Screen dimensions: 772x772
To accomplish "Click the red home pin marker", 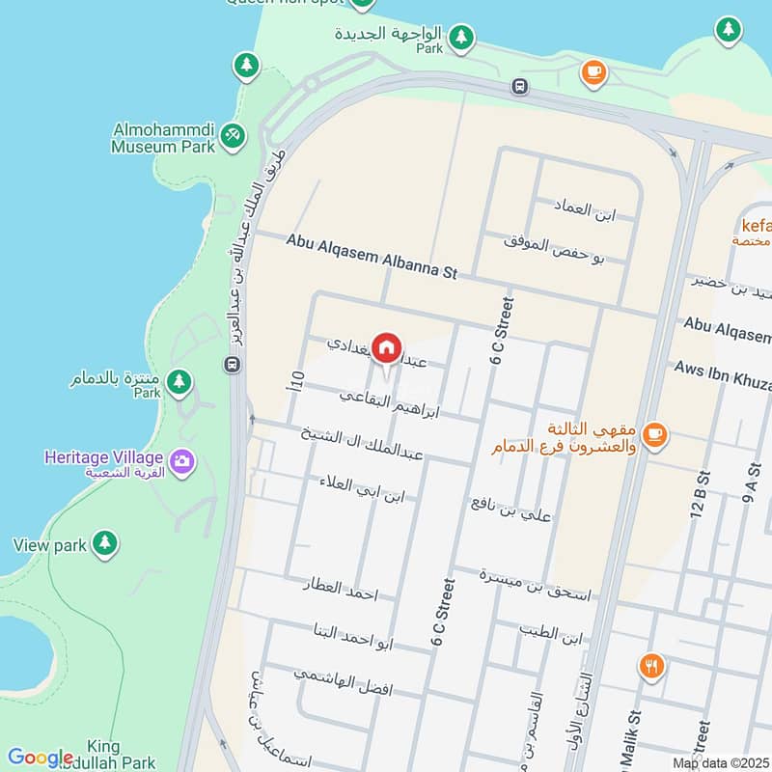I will pos(387,347).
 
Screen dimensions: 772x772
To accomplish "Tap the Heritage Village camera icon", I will pos(180,463).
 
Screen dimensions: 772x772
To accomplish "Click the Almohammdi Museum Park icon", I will pos(231,136).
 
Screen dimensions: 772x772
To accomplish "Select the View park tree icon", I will pos(105,544).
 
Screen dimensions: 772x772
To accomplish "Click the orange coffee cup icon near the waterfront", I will pos(593,70).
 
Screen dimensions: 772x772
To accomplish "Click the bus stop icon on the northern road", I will pos(520,87).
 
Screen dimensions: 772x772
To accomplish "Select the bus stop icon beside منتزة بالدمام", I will pos(232,365).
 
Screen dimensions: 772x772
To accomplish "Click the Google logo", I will pos(41,758).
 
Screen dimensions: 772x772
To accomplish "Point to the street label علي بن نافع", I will pos(511,509).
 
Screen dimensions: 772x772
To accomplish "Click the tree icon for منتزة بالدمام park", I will pos(179,382).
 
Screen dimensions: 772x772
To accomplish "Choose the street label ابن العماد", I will pos(584,209).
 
